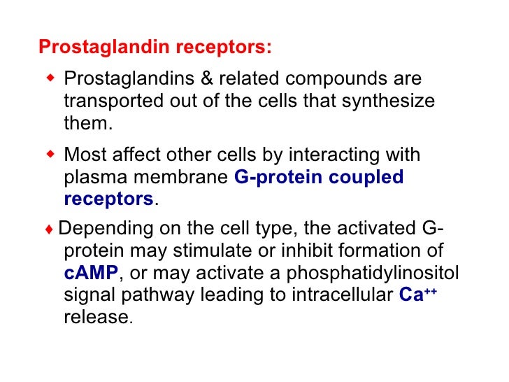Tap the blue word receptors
click(x=108, y=199)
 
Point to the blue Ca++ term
click(x=417, y=294)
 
